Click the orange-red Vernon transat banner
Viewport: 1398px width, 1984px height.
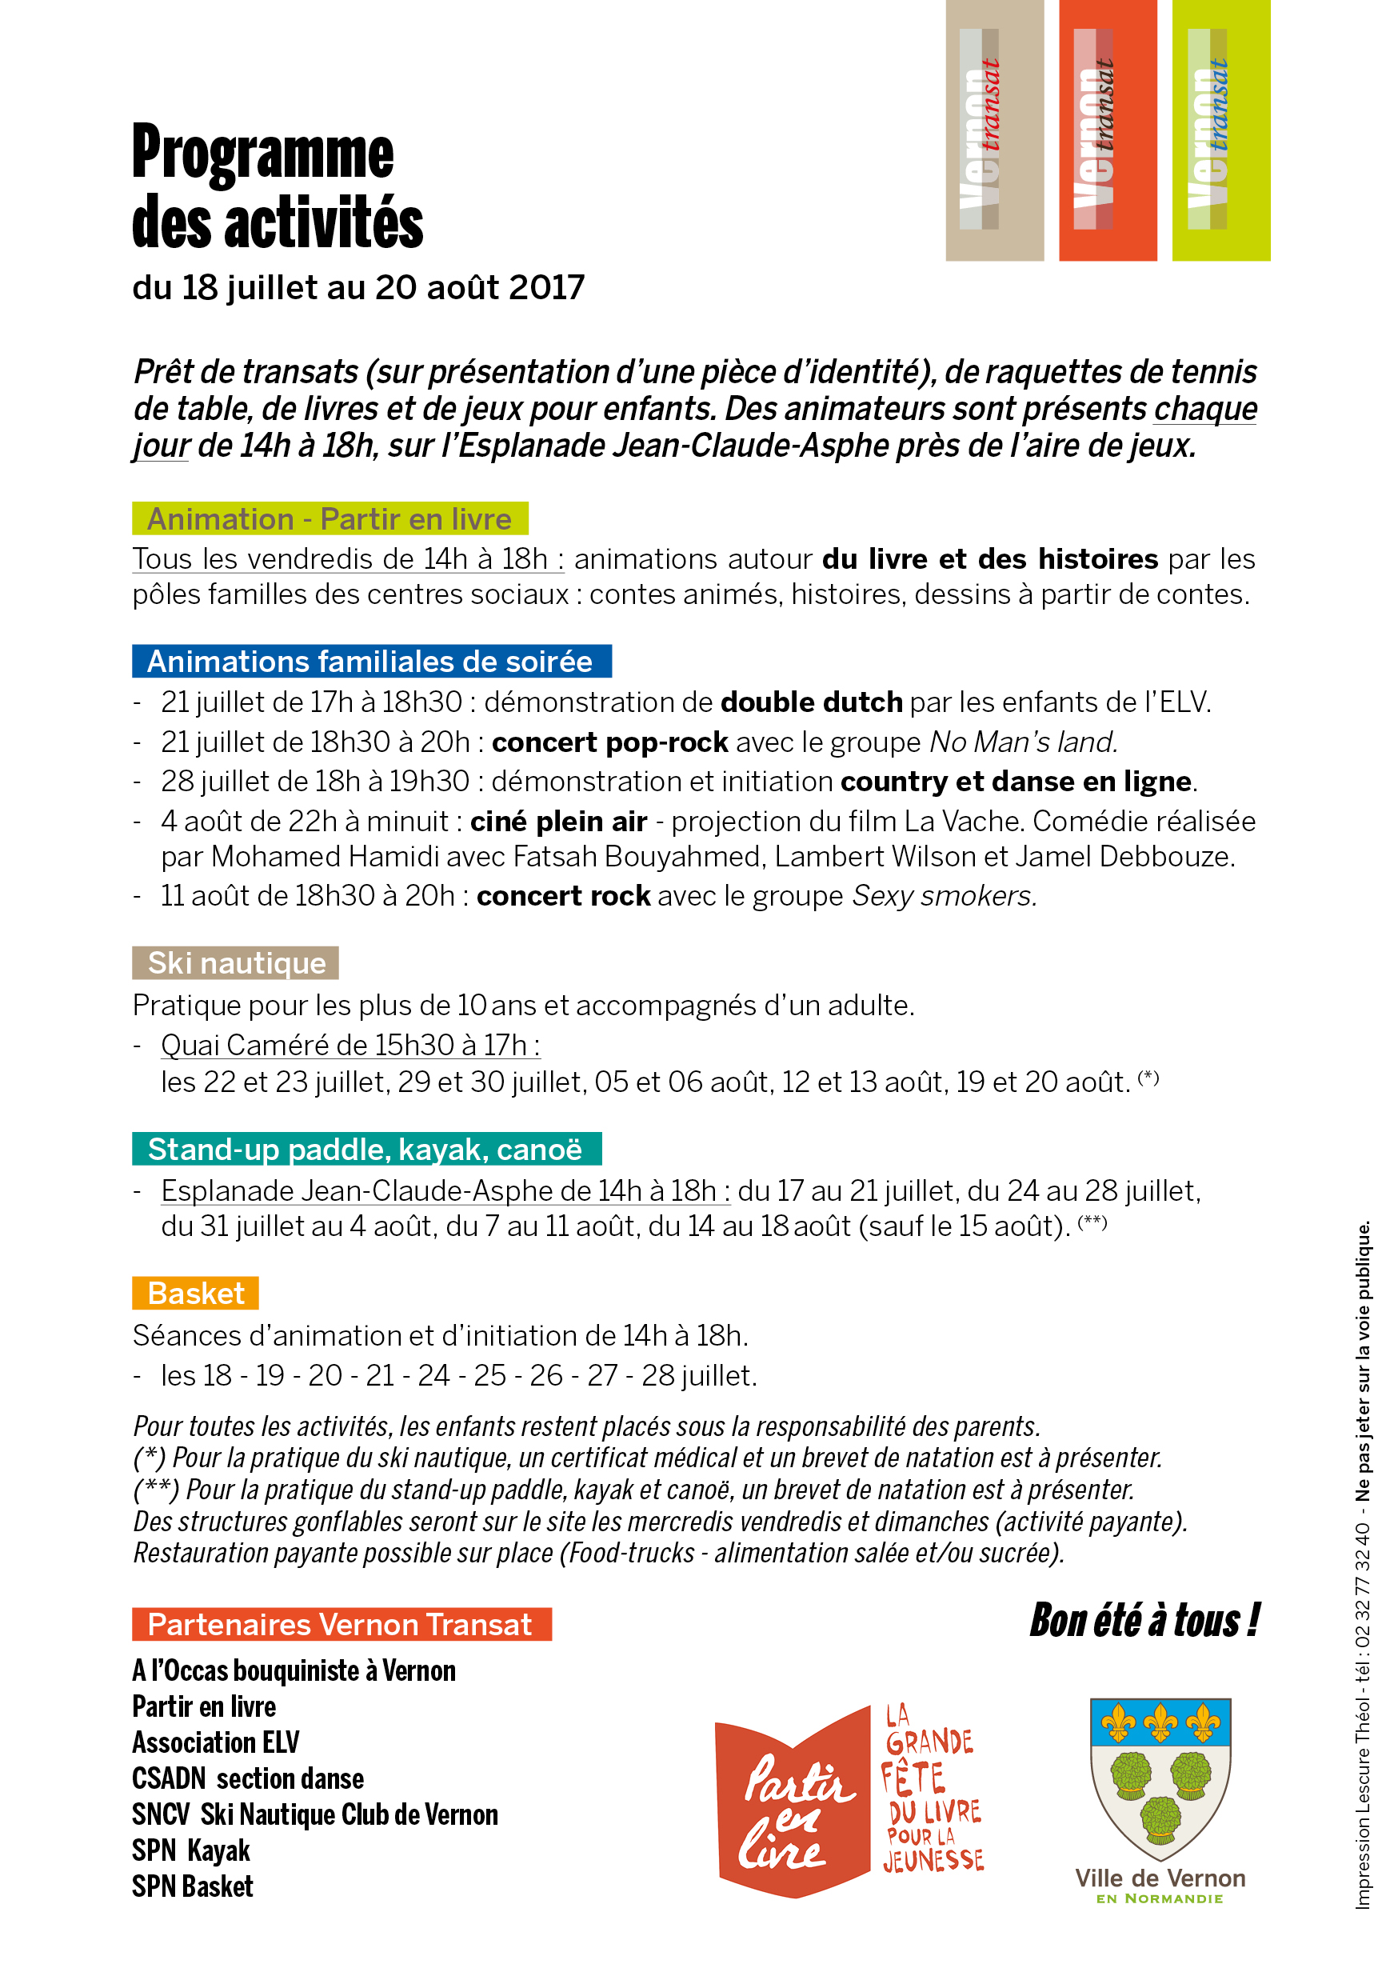(x=1107, y=130)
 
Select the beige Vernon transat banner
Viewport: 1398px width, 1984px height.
(x=993, y=130)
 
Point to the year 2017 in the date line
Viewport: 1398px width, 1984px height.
(x=546, y=288)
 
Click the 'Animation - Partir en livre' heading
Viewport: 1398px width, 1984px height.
(x=330, y=518)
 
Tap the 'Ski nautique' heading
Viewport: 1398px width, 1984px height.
(x=236, y=962)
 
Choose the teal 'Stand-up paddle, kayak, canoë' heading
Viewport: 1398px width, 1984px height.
(x=365, y=1150)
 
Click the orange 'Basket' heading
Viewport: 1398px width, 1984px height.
(x=196, y=1293)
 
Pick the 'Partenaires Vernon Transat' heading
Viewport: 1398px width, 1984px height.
(x=341, y=1625)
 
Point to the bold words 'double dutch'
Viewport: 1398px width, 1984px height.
(x=811, y=702)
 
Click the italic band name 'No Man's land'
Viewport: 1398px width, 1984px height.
(x=1023, y=742)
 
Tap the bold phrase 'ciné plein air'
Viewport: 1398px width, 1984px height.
(x=558, y=821)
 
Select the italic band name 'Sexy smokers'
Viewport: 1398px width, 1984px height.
(x=944, y=896)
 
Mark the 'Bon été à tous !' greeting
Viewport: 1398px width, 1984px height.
(x=1144, y=1620)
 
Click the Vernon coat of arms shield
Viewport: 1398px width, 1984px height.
(x=1160, y=1777)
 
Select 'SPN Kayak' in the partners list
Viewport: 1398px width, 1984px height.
(x=191, y=1851)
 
